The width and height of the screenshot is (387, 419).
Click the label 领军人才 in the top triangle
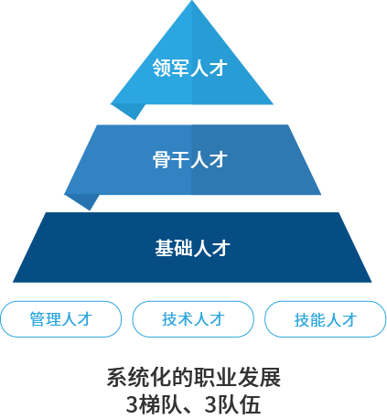[190, 68]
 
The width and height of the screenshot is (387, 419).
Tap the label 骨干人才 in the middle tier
[190, 159]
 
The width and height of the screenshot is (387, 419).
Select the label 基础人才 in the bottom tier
[192, 248]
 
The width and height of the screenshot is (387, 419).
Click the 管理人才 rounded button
[61, 319]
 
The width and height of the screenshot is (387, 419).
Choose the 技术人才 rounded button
[193, 319]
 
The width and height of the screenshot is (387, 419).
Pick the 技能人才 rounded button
[325, 319]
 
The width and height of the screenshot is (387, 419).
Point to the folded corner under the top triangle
[130, 111]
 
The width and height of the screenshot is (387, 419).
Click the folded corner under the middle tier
[84, 201]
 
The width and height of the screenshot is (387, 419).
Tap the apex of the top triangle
[192, 1]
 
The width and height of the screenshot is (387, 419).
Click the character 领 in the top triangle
[162, 68]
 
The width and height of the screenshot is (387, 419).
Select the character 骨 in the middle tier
[162, 159]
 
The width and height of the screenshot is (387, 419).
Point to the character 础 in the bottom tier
[183, 248]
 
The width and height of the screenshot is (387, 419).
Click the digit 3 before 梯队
[133, 404]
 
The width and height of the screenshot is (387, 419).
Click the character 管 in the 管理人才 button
[38, 319]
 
